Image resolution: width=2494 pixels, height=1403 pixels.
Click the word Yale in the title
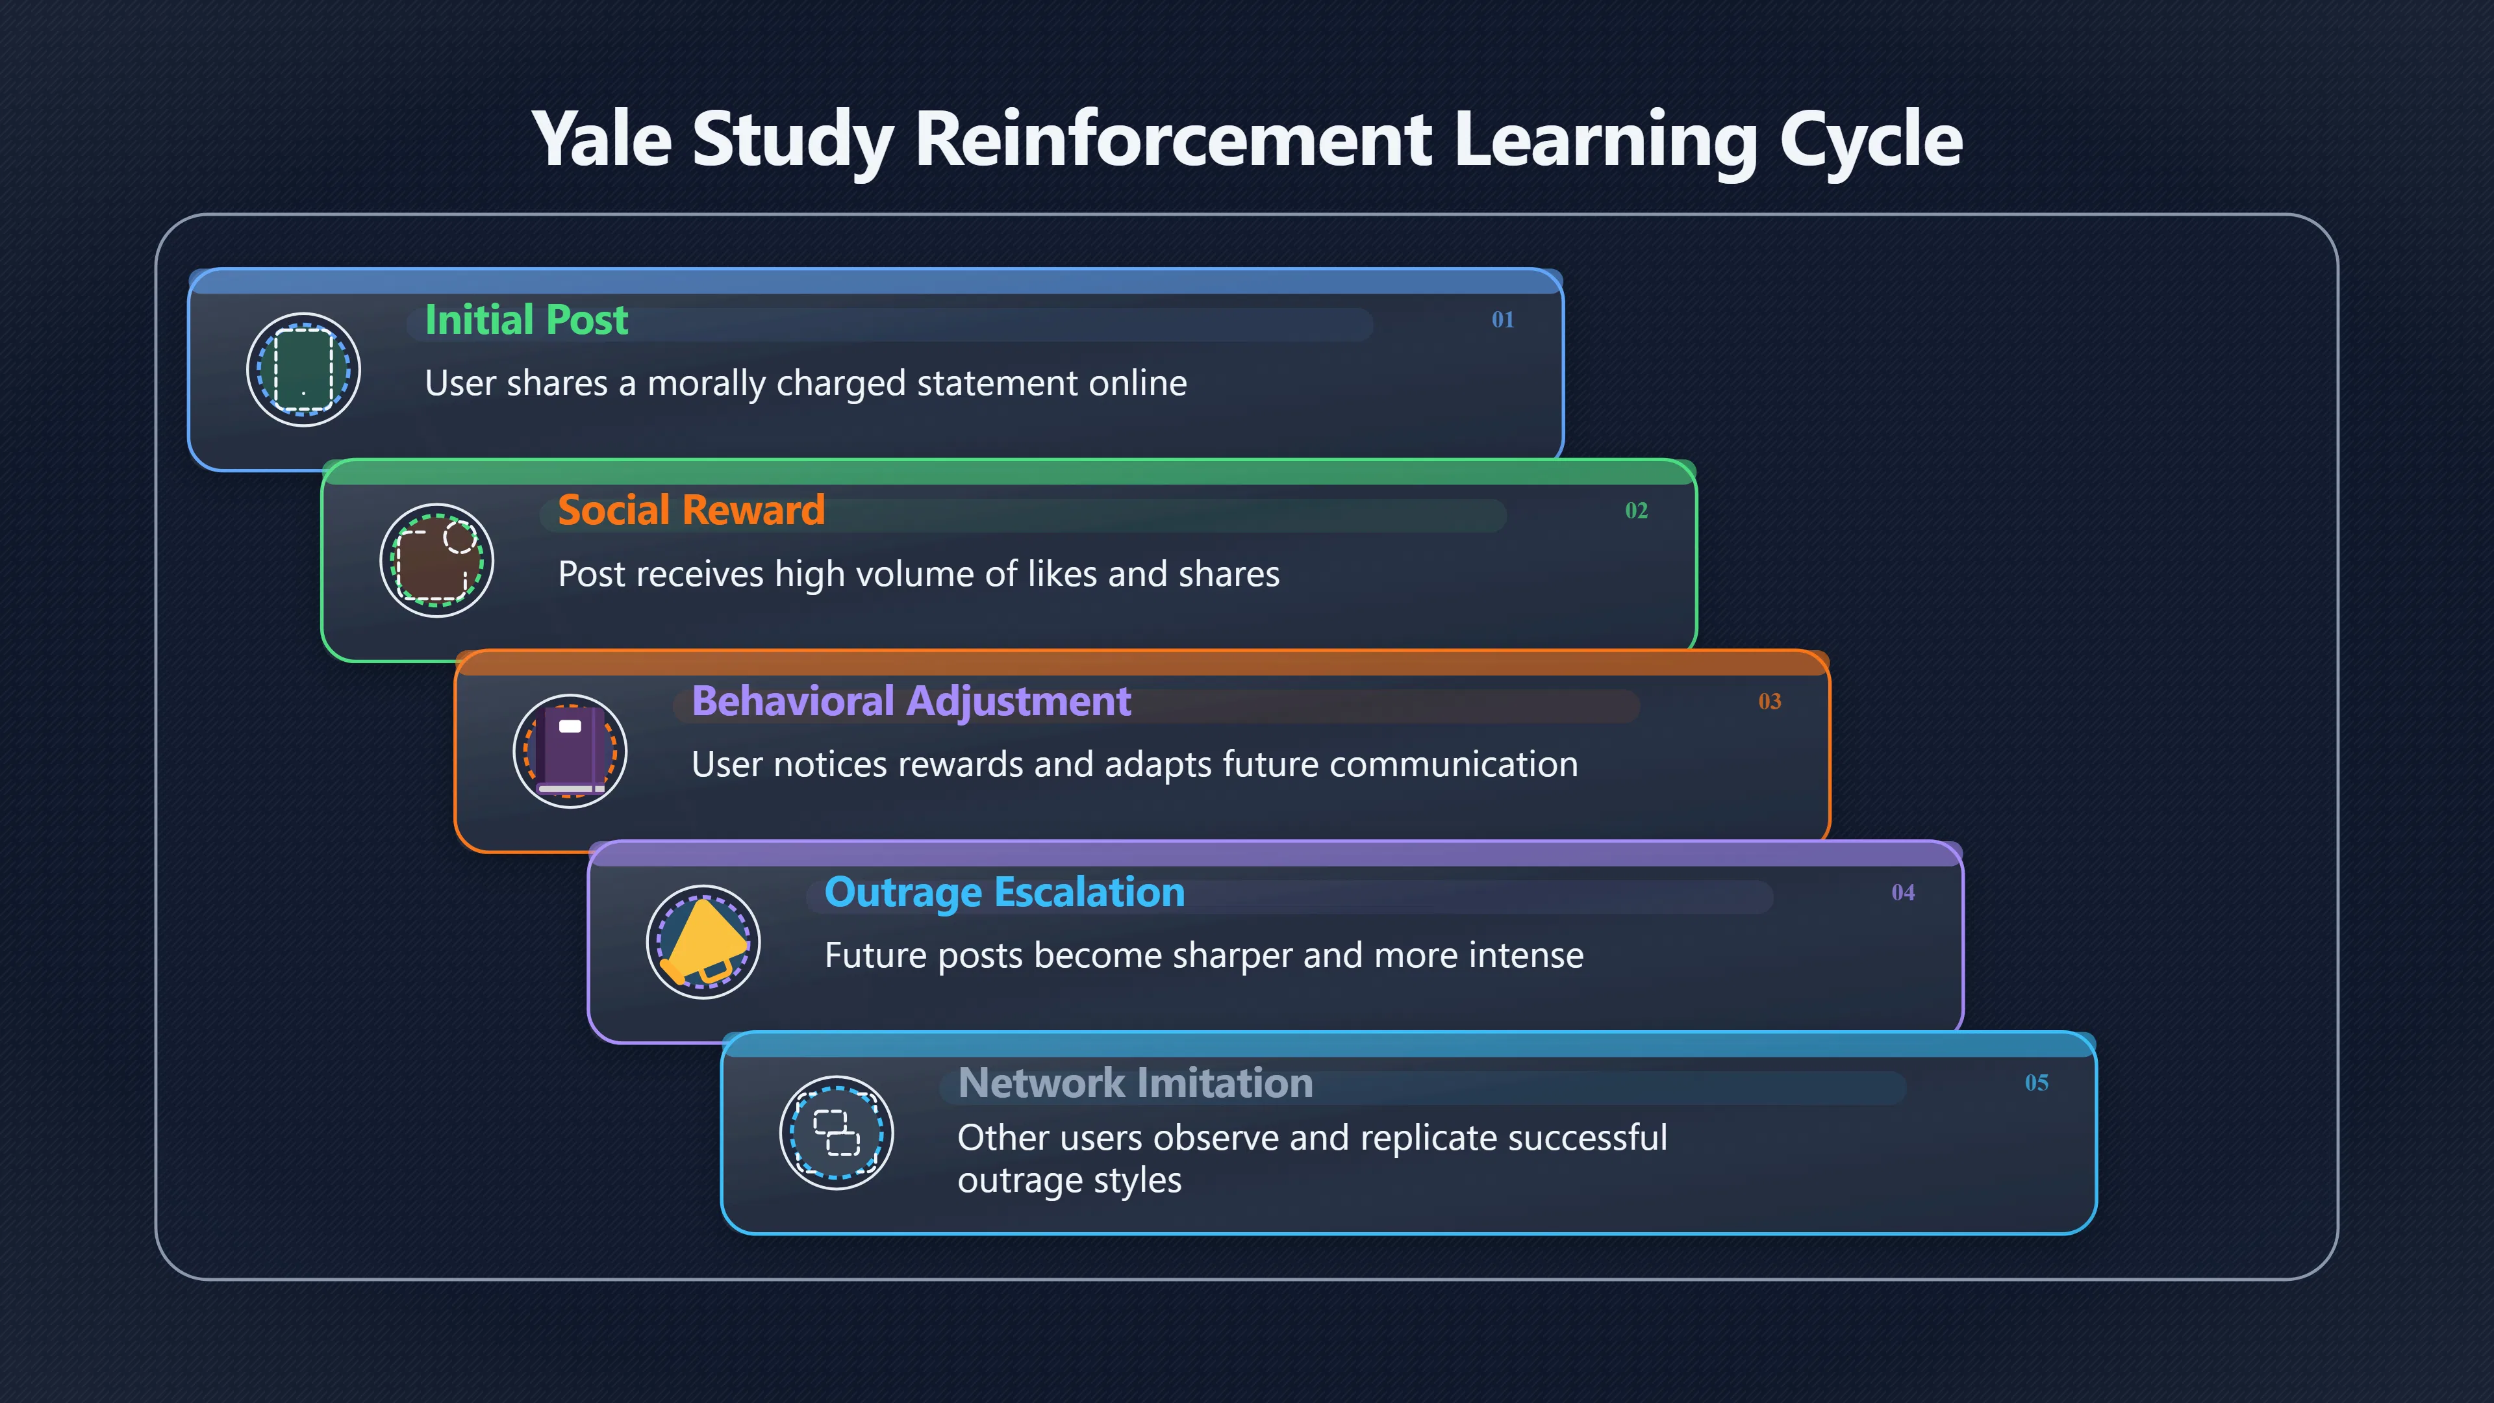coord(601,138)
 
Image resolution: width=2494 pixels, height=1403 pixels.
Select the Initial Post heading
coord(527,320)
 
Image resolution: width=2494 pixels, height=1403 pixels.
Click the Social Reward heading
coord(691,511)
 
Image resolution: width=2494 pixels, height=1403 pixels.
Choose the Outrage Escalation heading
coord(1005,892)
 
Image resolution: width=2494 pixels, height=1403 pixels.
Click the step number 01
coord(1503,320)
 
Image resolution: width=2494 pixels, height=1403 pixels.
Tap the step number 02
coord(1636,511)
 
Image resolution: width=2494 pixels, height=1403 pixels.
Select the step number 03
coord(1770,701)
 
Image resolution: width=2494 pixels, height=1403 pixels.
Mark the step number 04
coord(1904,892)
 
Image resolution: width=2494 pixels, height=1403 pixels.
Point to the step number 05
coord(2037,1083)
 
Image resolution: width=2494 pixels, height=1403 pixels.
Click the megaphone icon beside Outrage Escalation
coord(704,942)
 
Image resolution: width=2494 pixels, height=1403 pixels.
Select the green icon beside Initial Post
coord(304,369)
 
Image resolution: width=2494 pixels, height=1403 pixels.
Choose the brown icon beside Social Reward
coord(436,561)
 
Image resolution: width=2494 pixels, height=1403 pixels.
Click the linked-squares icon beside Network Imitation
coord(837,1133)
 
